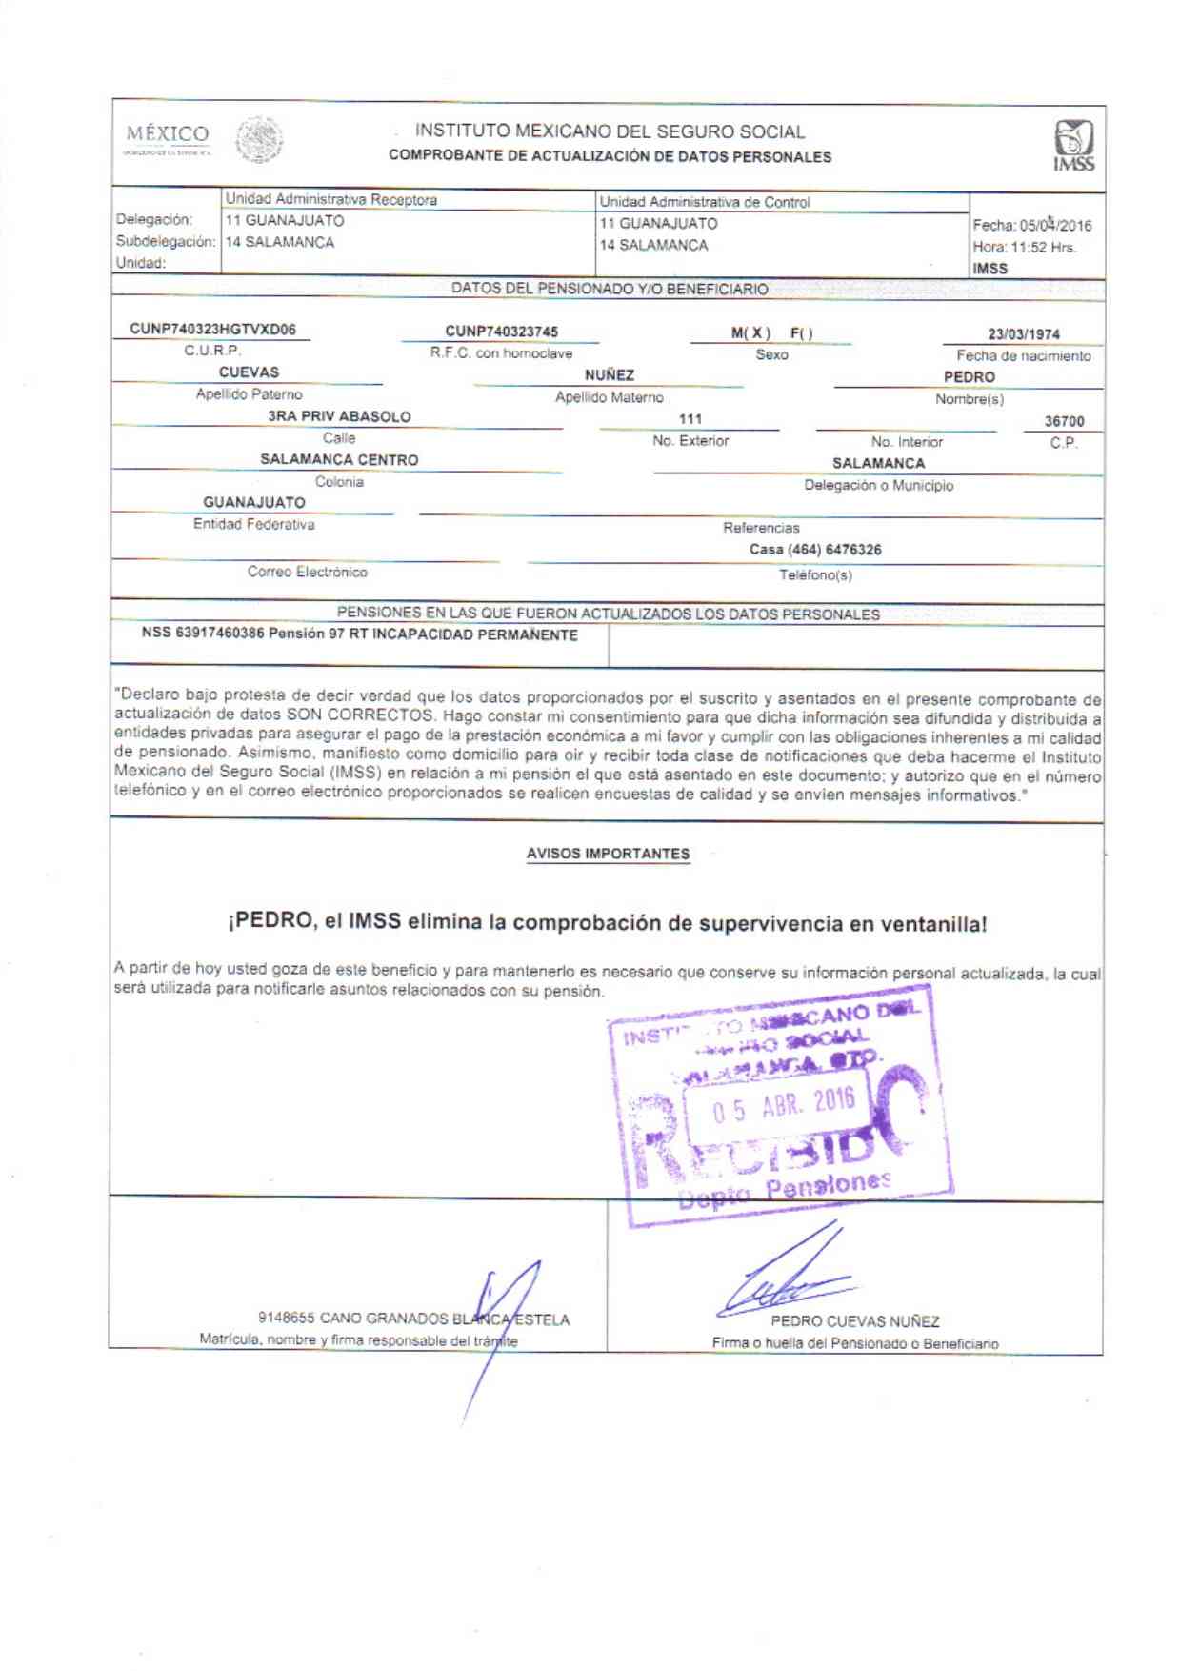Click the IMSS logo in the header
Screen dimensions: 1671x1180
[x=1073, y=145]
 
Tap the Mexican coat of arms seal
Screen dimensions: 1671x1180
[x=259, y=141]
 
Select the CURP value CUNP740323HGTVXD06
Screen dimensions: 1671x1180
[x=213, y=330]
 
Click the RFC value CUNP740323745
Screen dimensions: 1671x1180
[x=501, y=332]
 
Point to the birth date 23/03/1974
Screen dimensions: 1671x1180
[x=1023, y=334]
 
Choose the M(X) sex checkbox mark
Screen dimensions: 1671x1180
[x=750, y=333]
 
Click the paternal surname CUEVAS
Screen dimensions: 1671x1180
[x=249, y=372]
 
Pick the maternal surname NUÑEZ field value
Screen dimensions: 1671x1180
[x=610, y=375]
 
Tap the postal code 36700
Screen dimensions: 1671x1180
[x=1064, y=421]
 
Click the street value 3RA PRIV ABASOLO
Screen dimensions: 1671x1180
[x=339, y=416]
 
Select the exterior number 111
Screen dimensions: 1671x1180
[x=690, y=419]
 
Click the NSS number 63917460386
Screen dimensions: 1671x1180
[x=220, y=634]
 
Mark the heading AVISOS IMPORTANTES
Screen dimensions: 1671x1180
[x=608, y=854]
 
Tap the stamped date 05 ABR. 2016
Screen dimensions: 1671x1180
[x=784, y=1105]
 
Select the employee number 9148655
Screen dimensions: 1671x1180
[x=286, y=1319]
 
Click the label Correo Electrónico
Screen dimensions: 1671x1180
[x=307, y=572]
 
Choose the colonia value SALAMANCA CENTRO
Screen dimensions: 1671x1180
[x=339, y=460]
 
